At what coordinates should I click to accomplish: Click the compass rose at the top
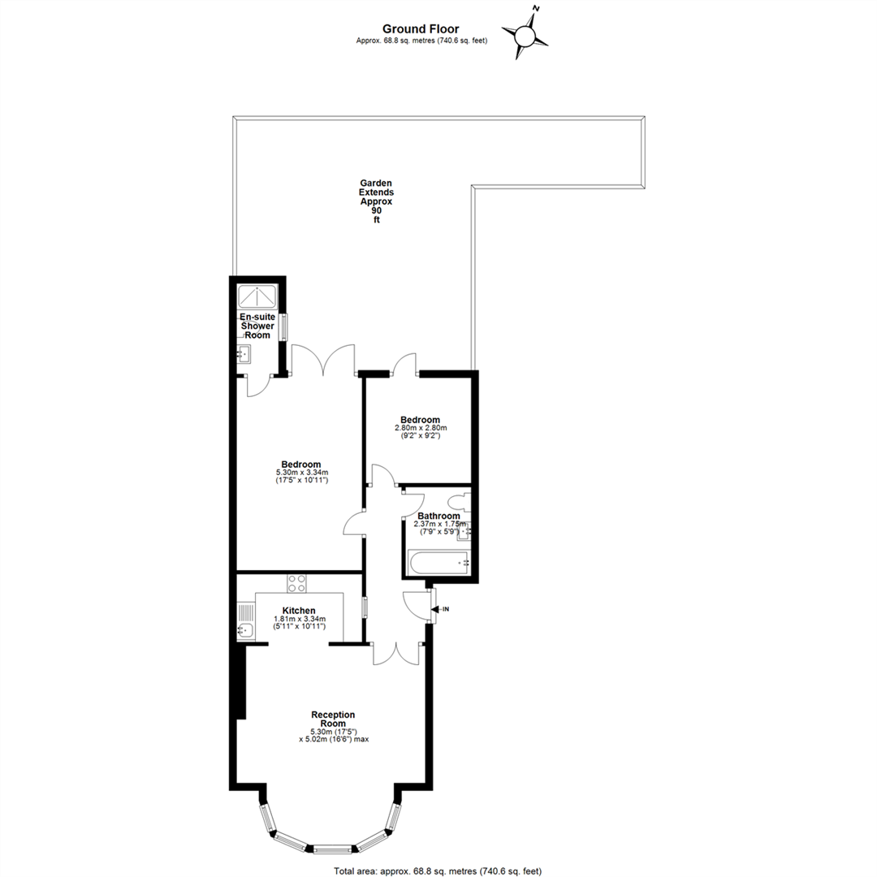[x=525, y=35]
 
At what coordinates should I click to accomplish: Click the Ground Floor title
[x=421, y=29]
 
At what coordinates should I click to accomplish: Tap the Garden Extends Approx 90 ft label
[x=376, y=201]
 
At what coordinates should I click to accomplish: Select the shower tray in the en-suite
[x=257, y=296]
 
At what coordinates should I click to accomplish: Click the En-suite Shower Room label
[x=257, y=326]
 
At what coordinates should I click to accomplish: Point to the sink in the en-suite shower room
[x=244, y=353]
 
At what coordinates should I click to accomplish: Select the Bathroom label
[x=439, y=516]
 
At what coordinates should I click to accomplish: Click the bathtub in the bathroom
[x=439, y=562]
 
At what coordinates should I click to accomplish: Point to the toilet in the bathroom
[x=460, y=501]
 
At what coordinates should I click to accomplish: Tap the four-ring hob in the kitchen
[x=296, y=584]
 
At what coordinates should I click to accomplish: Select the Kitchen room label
[x=299, y=611]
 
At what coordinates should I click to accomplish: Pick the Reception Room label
[x=334, y=719]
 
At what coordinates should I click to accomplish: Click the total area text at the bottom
[x=438, y=871]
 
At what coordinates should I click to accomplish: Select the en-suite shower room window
[x=283, y=327]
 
